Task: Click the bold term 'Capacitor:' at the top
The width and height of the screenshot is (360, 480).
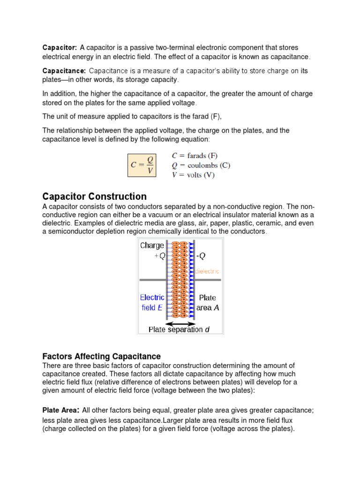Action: (x=60, y=48)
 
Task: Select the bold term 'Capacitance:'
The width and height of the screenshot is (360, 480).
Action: (x=64, y=71)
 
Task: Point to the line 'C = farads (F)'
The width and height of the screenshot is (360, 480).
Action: (x=195, y=156)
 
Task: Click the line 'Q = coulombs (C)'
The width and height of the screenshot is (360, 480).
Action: (x=201, y=165)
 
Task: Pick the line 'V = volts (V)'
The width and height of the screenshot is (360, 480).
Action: (x=194, y=175)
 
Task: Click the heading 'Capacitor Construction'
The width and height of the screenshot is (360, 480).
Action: (x=94, y=196)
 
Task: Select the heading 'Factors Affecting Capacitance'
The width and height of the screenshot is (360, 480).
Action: (x=101, y=356)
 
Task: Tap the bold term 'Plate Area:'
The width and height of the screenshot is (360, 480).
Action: (x=61, y=410)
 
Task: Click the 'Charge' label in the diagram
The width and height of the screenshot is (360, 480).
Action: (x=152, y=245)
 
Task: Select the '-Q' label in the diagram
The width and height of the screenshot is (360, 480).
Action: (x=200, y=255)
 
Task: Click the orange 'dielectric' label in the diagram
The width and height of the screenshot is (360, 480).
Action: (x=207, y=271)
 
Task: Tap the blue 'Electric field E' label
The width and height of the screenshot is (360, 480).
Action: (x=152, y=302)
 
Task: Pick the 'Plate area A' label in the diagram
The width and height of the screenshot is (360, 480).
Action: (x=208, y=302)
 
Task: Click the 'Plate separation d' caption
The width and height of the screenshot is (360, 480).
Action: (x=179, y=330)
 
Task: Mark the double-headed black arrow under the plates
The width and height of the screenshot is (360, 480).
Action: (x=180, y=323)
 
